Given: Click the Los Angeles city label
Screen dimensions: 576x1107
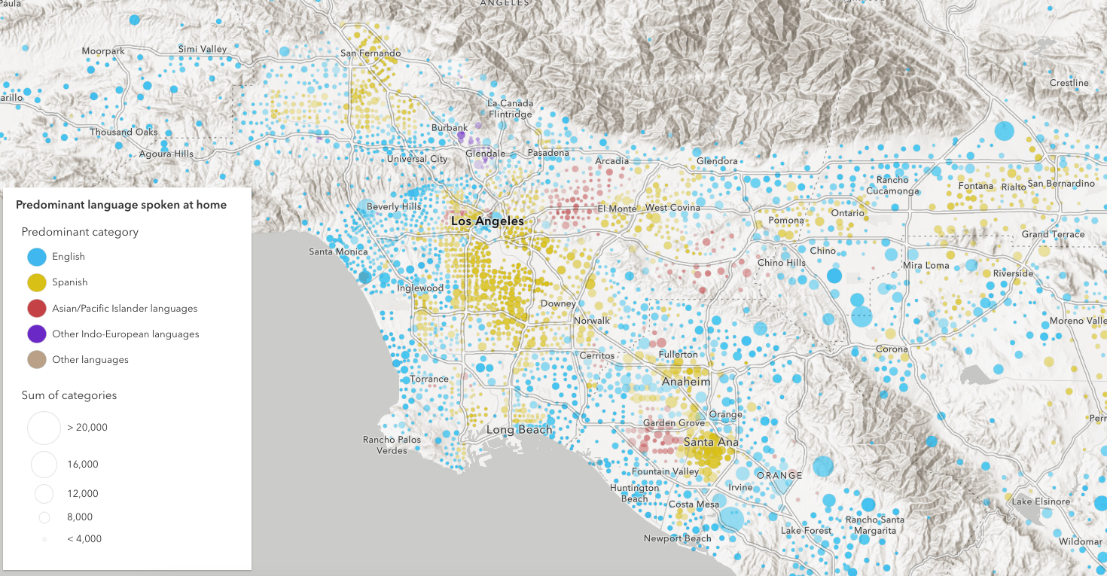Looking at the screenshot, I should [486, 221].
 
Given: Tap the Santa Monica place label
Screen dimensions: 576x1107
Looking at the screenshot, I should [338, 251].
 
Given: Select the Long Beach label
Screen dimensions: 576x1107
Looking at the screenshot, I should [519, 430].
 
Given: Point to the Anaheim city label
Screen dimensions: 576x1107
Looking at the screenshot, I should [685, 382].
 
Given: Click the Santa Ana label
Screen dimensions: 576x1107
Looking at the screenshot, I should [711, 442].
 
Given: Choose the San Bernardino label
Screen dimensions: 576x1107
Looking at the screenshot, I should [1060, 184].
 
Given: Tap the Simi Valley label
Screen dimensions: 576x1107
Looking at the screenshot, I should [203, 50].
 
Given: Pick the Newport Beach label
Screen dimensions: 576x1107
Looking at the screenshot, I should [677, 538].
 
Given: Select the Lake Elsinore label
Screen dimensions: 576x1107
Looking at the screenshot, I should [1041, 501].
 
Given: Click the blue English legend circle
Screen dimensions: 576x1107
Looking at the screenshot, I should [37, 257].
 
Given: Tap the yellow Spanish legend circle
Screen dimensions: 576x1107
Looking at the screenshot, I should [37, 282].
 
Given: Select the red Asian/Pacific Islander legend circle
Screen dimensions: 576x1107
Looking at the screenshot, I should [37, 308].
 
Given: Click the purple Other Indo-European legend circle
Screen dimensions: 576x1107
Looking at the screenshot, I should [37, 334].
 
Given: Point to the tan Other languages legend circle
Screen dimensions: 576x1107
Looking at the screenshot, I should [37, 360].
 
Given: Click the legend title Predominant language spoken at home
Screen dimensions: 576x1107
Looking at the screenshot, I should [121, 205].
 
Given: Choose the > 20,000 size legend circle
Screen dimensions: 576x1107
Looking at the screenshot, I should [44, 428].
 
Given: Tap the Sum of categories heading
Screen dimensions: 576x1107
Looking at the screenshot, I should [69, 395].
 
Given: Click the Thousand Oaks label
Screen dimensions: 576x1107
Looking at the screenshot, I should [124, 133].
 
